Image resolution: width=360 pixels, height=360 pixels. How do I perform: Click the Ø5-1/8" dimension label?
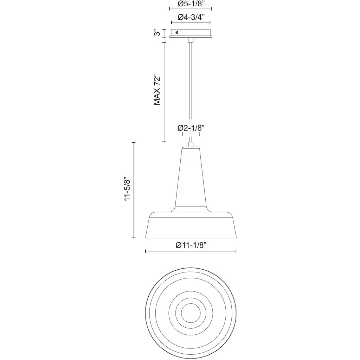tap(191, 4)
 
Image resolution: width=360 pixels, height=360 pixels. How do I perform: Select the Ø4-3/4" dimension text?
tap(191, 17)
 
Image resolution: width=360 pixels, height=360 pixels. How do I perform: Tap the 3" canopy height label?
tap(157, 33)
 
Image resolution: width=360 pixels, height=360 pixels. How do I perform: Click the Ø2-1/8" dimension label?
tap(191, 128)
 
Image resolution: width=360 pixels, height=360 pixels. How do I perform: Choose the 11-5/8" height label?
tap(127, 189)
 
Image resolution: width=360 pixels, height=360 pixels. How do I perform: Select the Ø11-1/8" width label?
tap(191, 245)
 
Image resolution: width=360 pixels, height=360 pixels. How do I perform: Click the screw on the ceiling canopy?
tap(177, 32)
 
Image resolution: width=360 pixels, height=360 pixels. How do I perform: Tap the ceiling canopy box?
tap(191, 33)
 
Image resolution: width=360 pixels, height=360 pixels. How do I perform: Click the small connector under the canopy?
tap(191, 40)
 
